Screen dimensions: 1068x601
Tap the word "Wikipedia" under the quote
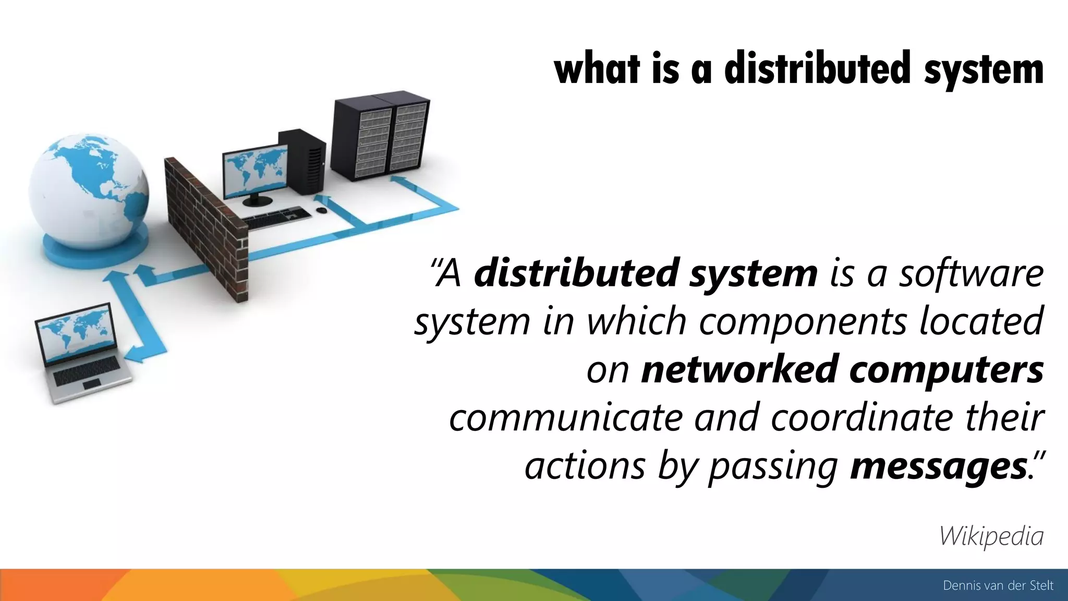(991, 536)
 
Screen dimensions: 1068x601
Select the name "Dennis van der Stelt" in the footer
(998, 586)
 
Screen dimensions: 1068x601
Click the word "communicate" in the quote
(565, 418)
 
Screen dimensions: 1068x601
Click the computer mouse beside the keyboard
(321, 210)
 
